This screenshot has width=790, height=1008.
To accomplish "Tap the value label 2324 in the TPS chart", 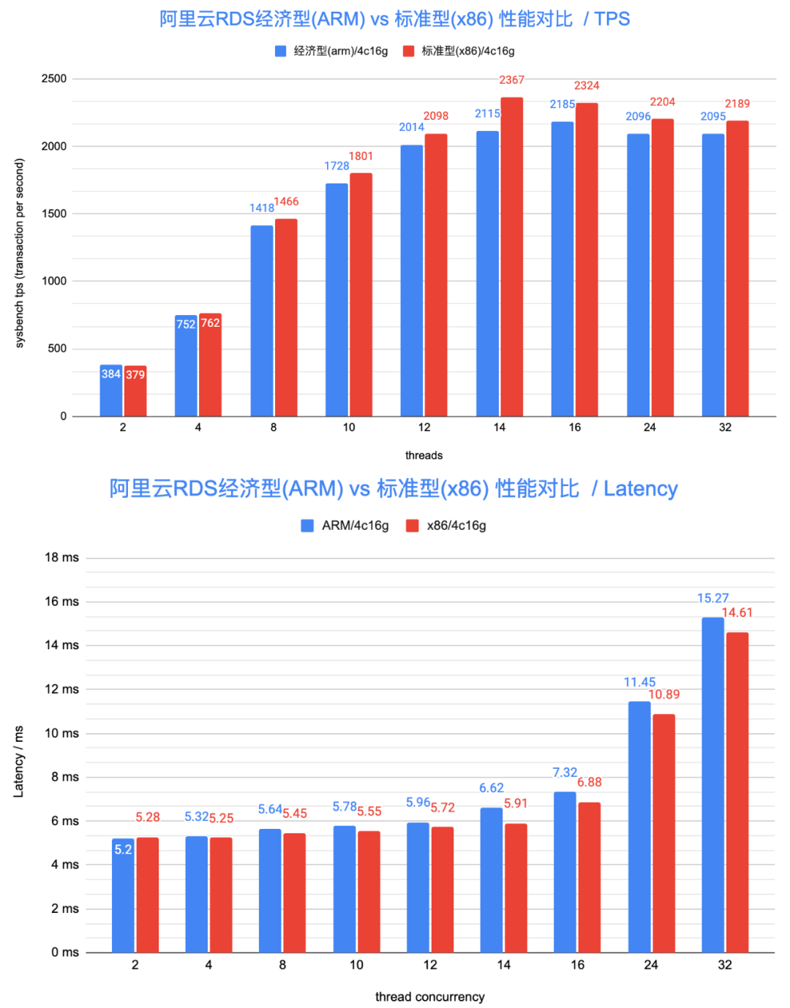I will click(x=587, y=86).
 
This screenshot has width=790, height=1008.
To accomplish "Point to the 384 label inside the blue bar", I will click(x=110, y=374).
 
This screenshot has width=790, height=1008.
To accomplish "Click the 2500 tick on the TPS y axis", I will click(x=54, y=79).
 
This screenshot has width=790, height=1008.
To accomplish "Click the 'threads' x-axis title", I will click(x=424, y=455).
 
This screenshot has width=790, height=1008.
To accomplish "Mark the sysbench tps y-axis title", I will click(x=20, y=253).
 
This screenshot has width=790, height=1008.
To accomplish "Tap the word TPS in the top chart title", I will click(x=612, y=19).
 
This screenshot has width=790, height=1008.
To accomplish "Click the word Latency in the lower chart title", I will click(x=640, y=488).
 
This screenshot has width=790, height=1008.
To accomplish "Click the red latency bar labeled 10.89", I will click(x=663, y=833).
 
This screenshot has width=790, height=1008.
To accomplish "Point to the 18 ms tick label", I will click(x=61, y=557).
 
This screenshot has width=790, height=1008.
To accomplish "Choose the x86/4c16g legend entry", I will click(x=447, y=526).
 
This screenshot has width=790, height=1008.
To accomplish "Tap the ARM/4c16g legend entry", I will click(x=345, y=526).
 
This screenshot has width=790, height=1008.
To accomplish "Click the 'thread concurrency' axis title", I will click(x=429, y=996).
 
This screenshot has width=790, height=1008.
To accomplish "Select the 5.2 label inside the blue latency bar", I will click(x=123, y=849).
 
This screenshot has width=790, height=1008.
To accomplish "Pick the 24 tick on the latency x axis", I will click(x=650, y=965).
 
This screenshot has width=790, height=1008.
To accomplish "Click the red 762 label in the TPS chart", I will click(x=210, y=323).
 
